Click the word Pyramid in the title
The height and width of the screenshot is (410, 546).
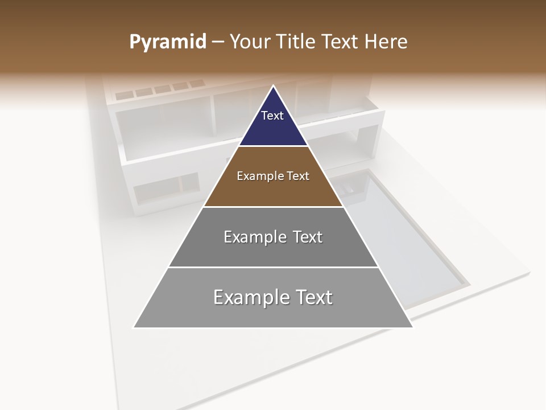click(167, 42)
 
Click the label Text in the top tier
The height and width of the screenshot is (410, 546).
click(272, 116)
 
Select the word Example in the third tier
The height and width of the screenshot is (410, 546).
click(254, 237)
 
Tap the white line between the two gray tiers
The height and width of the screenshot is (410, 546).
click(273, 267)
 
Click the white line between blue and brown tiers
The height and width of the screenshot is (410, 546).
click(273, 146)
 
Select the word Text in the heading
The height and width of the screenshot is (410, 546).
click(340, 42)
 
